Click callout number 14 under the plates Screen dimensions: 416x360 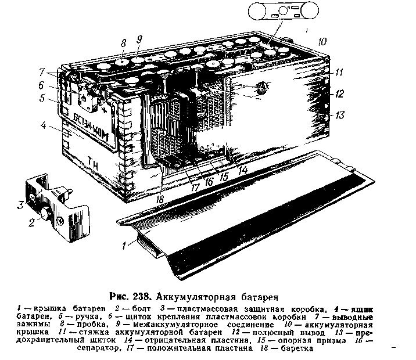(242, 169)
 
